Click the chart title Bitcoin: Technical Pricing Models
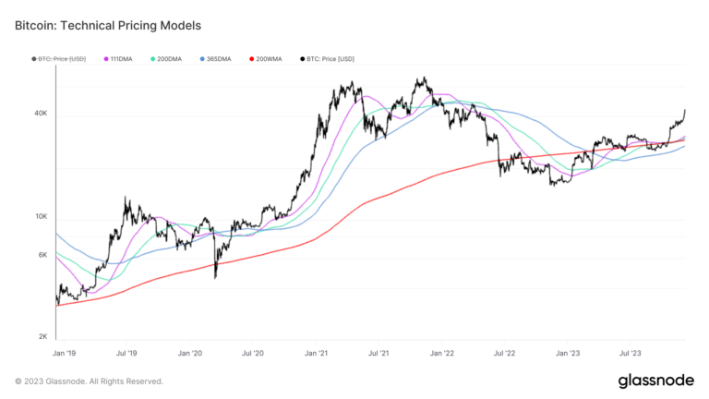point(107,25)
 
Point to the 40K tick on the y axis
point(41,114)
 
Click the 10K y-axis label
point(41,217)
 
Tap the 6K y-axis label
point(42,255)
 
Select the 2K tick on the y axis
point(42,337)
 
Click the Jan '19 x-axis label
point(64,353)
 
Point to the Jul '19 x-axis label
point(126,353)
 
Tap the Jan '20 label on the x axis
point(190,353)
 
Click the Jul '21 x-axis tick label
point(378,353)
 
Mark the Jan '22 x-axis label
point(442,353)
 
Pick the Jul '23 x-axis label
point(631,353)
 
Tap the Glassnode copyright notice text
point(90,381)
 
